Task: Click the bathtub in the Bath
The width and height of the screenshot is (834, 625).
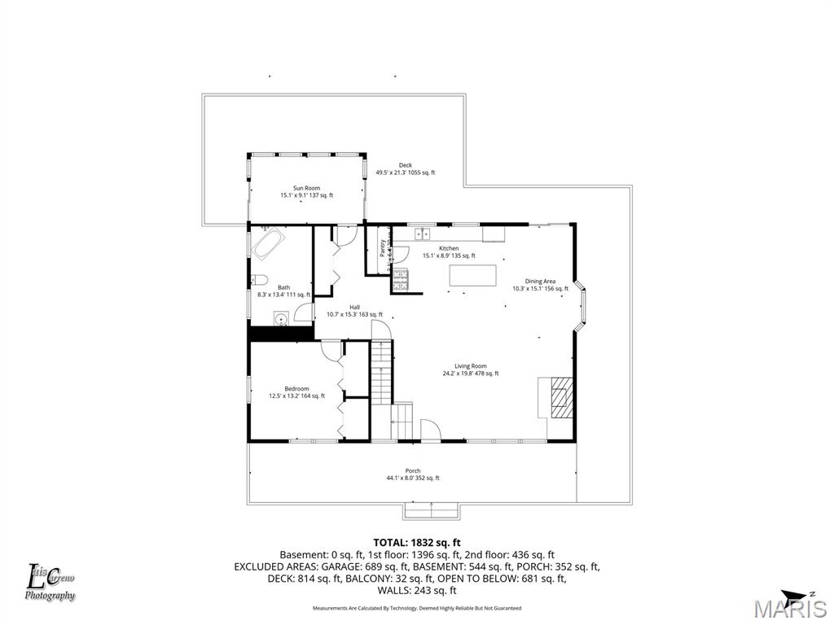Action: pos(268,243)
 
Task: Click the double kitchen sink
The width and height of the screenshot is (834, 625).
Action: pos(422,234)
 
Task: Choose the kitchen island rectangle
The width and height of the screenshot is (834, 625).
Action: pos(472,275)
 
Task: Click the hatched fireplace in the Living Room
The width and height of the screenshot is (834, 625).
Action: pos(560,396)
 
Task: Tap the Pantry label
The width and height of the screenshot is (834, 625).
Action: pos(383,248)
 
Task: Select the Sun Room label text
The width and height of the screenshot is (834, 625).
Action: pos(306,188)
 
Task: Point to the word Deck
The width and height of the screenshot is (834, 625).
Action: pos(405,165)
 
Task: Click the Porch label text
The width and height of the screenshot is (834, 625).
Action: pos(412,470)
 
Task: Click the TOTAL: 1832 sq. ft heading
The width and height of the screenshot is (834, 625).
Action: pos(417,542)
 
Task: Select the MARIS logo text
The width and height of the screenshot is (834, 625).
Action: pos(789,610)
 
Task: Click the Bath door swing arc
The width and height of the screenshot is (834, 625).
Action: pos(303,312)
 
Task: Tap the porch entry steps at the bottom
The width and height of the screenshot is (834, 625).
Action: pos(431,510)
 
